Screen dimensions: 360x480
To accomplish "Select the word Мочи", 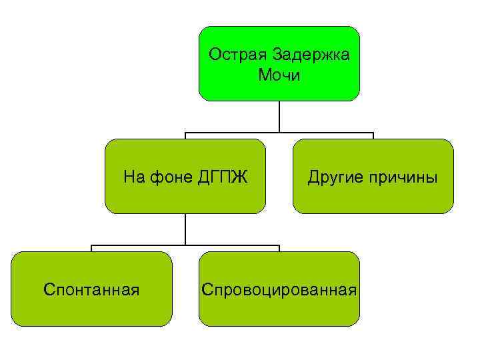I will tap(279, 75).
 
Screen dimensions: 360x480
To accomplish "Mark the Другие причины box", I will tap(373, 197).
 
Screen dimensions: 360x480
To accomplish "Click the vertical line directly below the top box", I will tap(279, 116).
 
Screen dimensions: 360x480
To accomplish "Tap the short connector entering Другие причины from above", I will tap(373, 136).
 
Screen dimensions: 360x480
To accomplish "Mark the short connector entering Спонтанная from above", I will tap(91, 249).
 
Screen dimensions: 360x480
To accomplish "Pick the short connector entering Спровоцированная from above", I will tap(279, 249).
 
